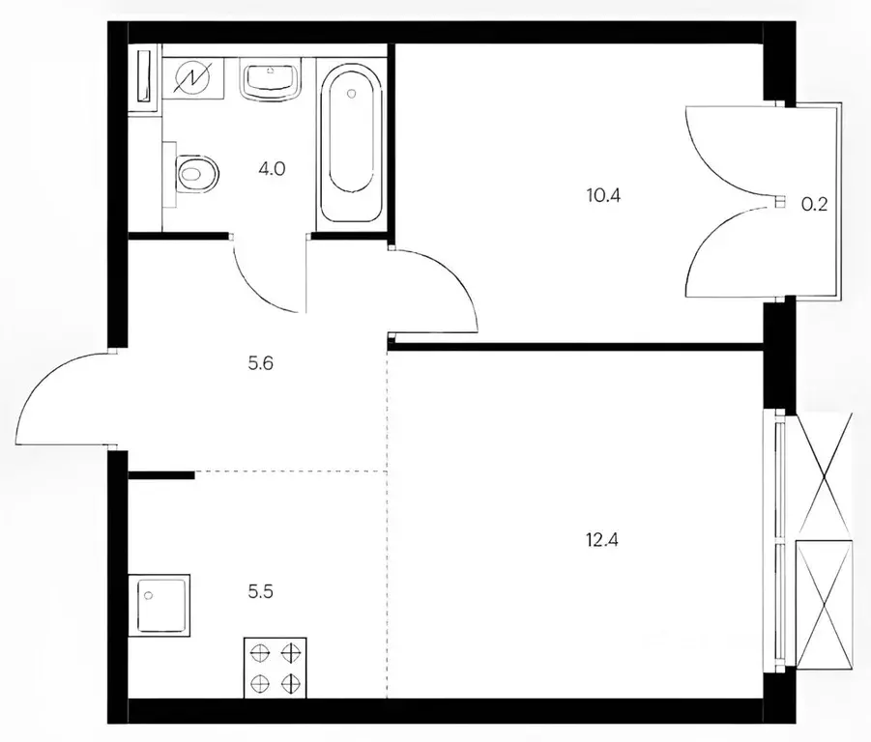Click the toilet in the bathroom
click(x=196, y=175)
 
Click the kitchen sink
click(x=162, y=604)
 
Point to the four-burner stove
click(x=276, y=668)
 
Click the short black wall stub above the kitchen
click(x=160, y=474)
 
